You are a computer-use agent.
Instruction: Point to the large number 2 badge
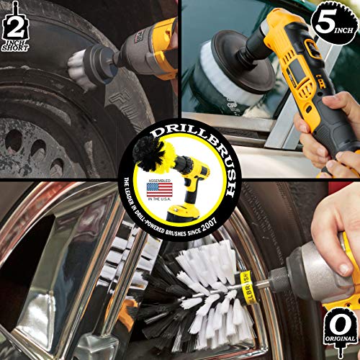tap(15, 27)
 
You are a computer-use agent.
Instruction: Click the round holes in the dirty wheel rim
tap(32, 148)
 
